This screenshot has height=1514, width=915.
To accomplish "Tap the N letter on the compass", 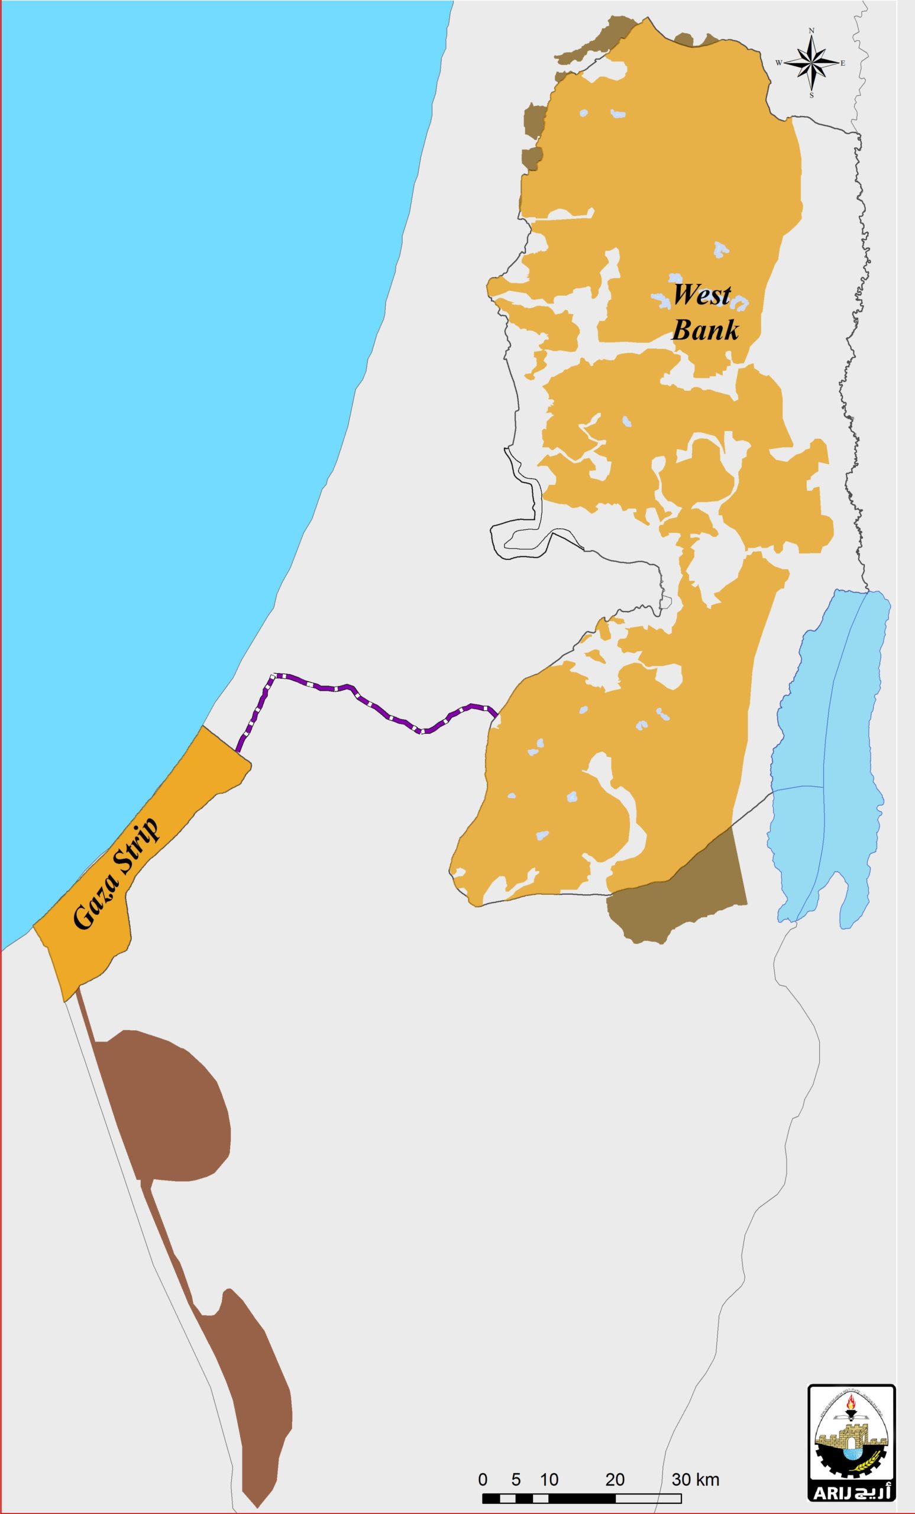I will pyautogui.click(x=811, y=30).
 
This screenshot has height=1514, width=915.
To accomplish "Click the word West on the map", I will pyautogui.click(x=700, y=296).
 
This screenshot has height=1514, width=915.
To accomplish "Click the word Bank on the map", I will pyautogui.click(x=704, y=331).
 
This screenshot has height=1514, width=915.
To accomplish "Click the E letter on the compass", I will pyautogui.click(x=842, y=63).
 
